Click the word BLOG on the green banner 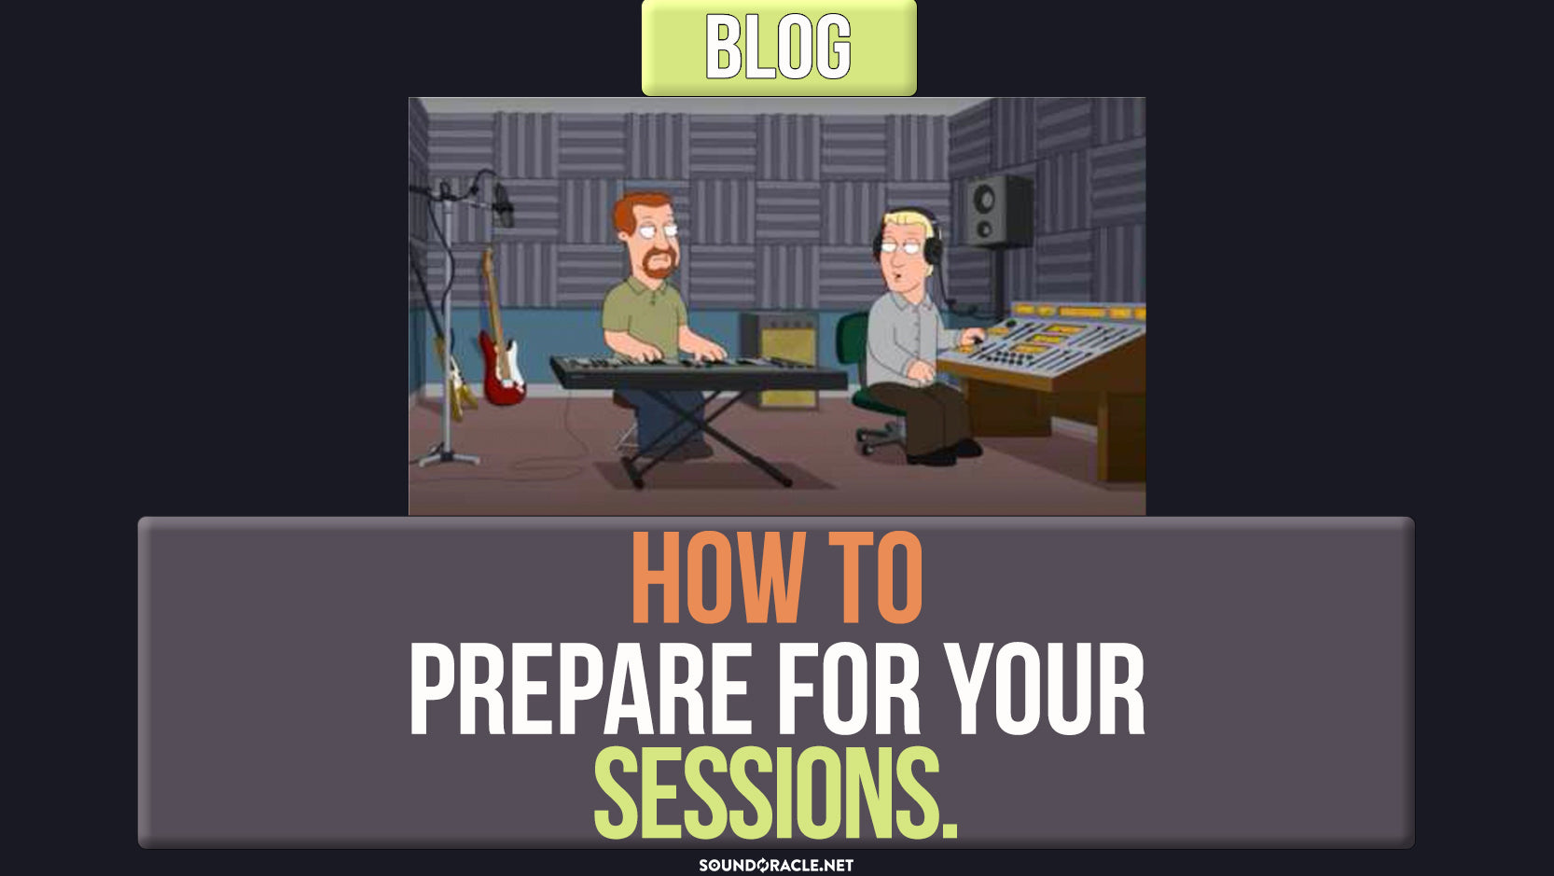pyautogui.click(x=778, y=48)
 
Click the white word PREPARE pyautogui.click(x=581, y=688)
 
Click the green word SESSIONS pyautogui.click(x=776, y=793)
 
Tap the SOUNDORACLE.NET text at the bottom pyautogui.click(x=776, y=865)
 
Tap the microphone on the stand pyautogui.click(x=504, y=204)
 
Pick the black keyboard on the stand pyautogui.click(x=697, y=372)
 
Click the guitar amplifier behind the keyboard pyautogui.click(x=782, y=361)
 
